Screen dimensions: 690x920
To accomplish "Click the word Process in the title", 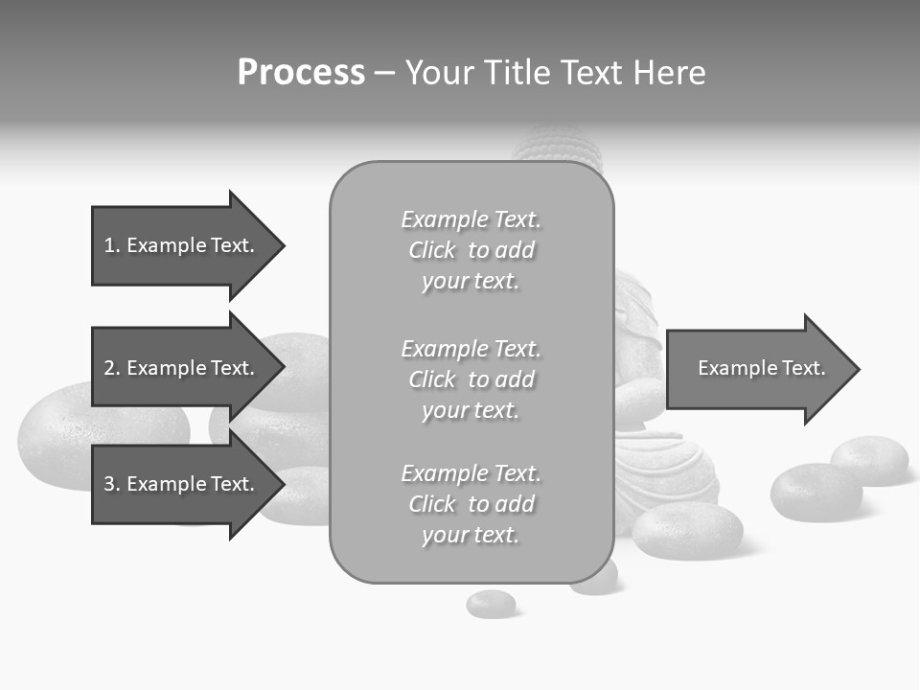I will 301,73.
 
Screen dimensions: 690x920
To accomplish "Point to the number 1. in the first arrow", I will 112,245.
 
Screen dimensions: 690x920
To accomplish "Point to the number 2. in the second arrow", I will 112,368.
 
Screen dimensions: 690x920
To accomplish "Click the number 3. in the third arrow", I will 112,484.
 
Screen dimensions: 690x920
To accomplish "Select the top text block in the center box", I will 471,250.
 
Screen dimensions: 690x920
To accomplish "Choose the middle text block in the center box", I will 471,379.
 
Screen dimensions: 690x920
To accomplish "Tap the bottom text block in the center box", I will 471,504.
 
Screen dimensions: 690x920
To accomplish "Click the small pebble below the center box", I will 491,604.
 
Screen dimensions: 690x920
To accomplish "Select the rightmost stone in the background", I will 869,459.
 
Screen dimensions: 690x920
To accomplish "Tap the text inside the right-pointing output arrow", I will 761,368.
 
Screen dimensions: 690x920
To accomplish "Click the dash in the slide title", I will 384,73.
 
